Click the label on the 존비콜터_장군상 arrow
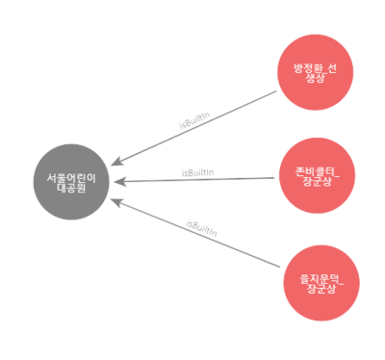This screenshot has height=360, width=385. (x=198, y=172)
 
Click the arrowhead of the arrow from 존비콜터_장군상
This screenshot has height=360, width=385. (x=116, y=180)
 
